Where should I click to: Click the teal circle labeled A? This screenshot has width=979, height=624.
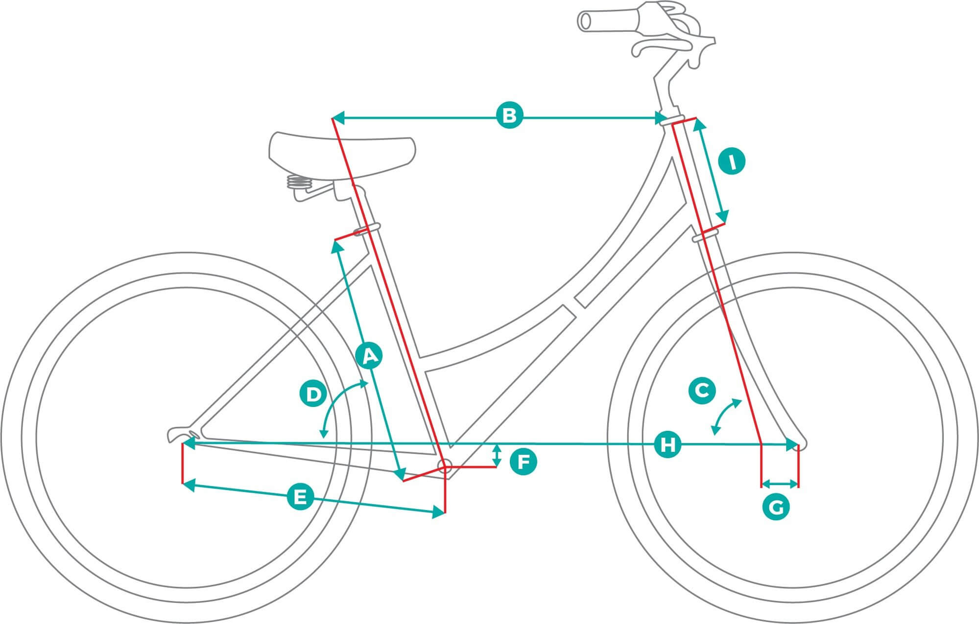370,356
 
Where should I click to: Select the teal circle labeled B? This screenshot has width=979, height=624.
509,116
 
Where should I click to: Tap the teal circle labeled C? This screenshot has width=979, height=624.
702,390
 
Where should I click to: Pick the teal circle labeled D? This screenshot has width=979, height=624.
313,394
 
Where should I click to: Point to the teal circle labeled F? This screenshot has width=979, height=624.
524,462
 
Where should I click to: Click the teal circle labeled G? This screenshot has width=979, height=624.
776,508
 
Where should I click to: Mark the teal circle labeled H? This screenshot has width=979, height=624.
668,445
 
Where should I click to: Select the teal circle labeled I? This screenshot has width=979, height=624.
732,162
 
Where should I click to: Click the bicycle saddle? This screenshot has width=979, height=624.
342,152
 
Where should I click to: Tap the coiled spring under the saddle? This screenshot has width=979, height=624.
299,183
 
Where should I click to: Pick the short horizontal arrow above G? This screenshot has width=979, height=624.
780,484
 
